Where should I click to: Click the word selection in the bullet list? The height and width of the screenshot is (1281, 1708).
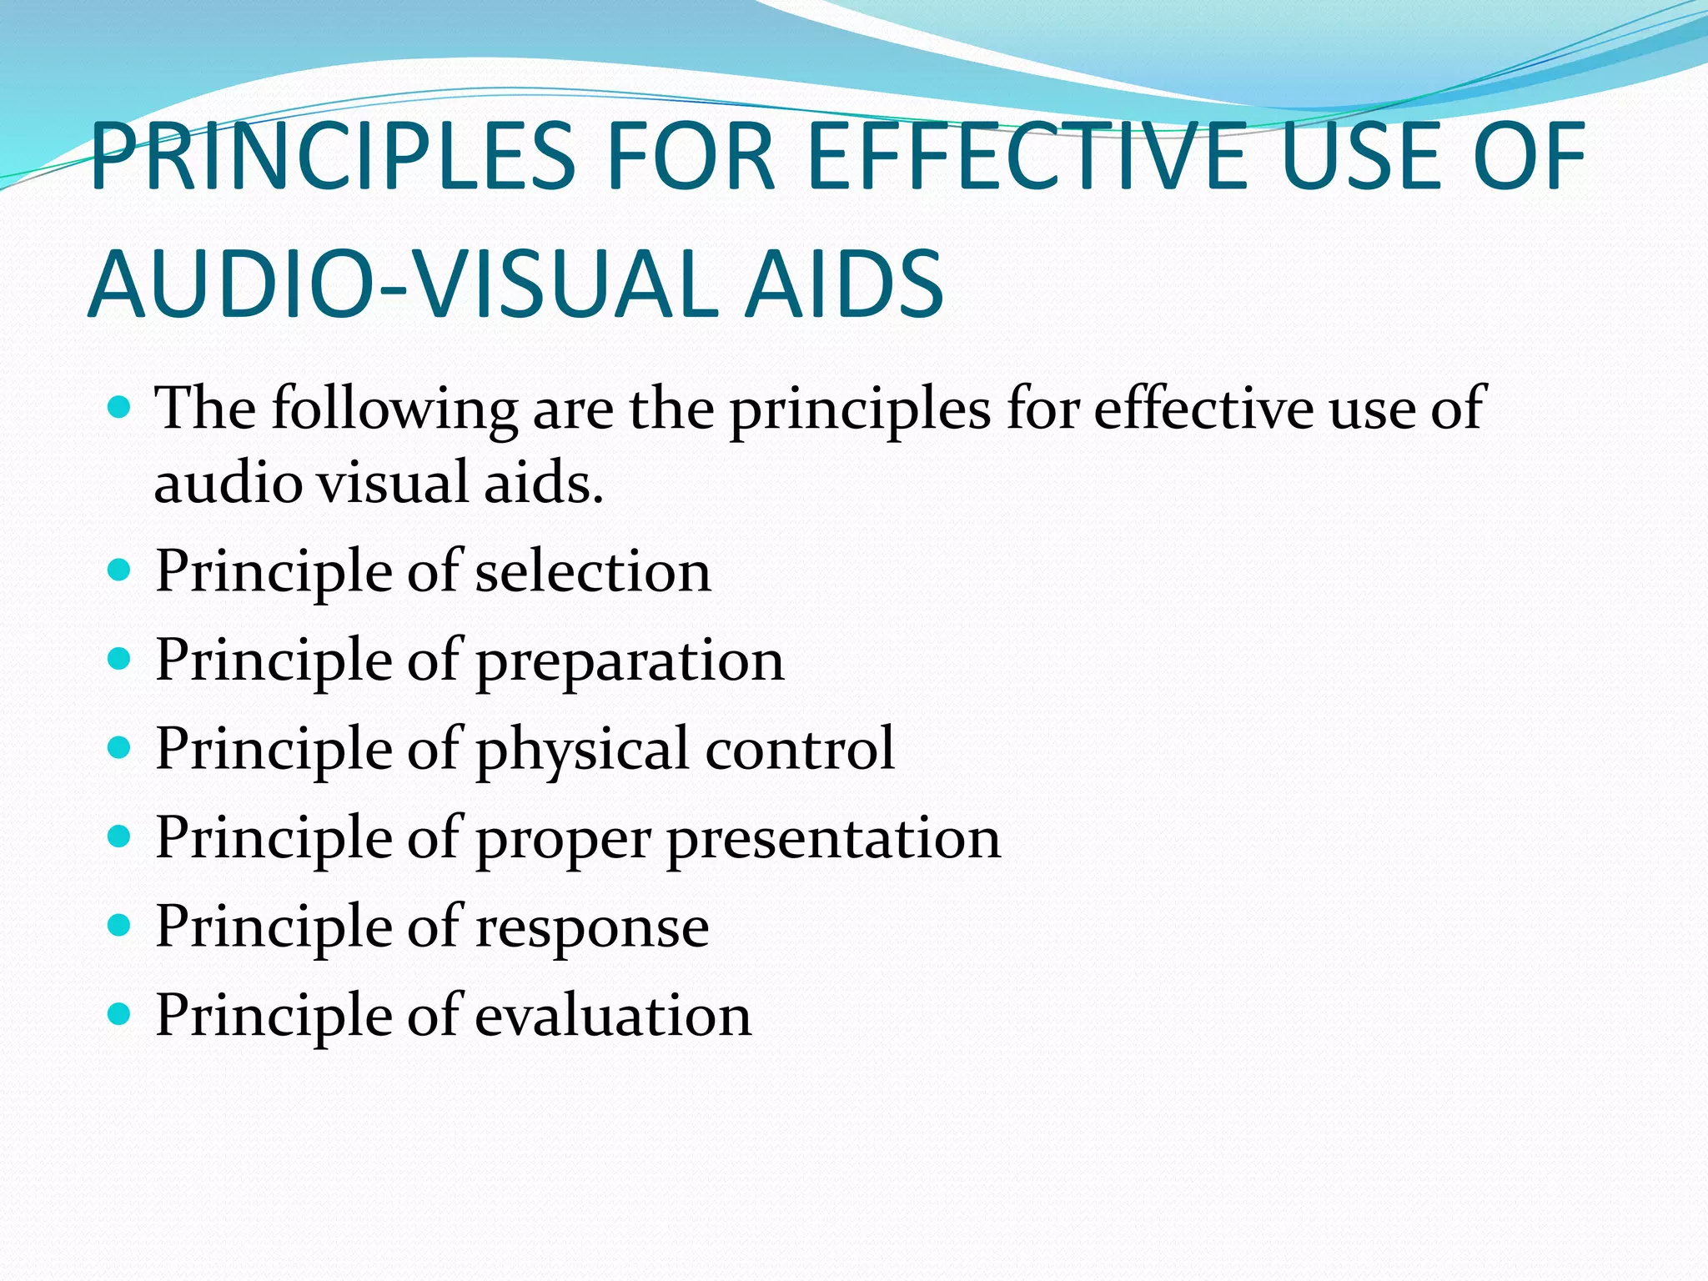[593, 572]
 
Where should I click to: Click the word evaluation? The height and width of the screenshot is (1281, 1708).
[613, 1017]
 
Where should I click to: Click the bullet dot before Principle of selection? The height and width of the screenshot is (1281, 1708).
[120, 570]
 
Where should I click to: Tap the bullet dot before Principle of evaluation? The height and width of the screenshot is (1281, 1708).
[120, 1014]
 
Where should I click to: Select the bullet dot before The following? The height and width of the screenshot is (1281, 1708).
[120, 408]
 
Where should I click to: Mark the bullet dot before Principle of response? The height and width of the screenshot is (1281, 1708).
[120, 926]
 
